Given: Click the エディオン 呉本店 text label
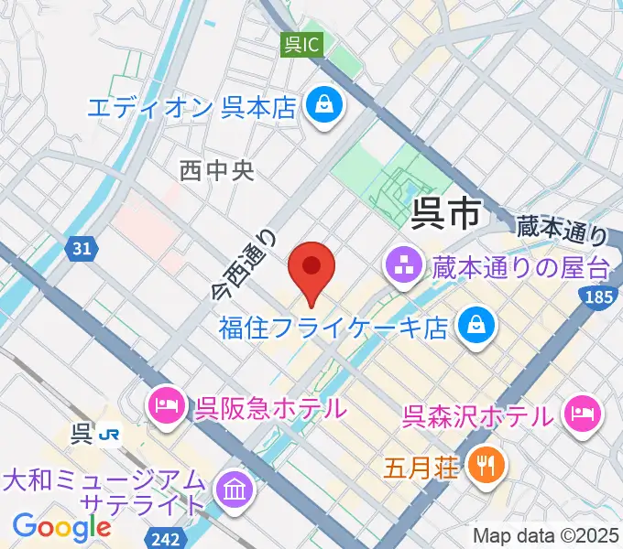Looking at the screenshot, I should tap(192, 107).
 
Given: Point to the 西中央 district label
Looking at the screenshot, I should tap(217, 169).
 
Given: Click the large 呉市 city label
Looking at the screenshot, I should tap(446, 214).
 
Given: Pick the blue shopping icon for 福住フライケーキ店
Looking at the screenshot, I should tap(476, 324).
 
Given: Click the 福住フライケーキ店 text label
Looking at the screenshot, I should tap(333, 327).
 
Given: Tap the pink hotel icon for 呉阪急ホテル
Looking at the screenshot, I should tap(166, 404).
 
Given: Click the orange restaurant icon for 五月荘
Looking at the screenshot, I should tap(483, 466).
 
